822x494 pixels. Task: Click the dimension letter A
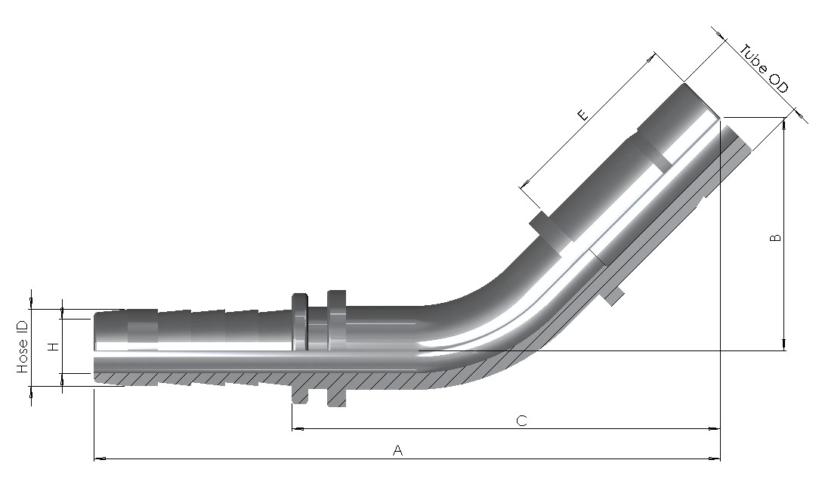pos(398,450)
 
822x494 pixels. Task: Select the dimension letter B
pos(775,237)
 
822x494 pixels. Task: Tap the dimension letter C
pos(521,421)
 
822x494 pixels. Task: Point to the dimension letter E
pos(583,114)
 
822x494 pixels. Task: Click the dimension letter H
pos(52,346)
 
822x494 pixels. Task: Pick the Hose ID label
pos(22,347)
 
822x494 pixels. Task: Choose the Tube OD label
pos(764,69)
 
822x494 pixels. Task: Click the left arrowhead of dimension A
pos(100,459)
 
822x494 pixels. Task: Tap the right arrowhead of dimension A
pos(715,459)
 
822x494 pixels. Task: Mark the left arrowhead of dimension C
pos(298,429)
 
